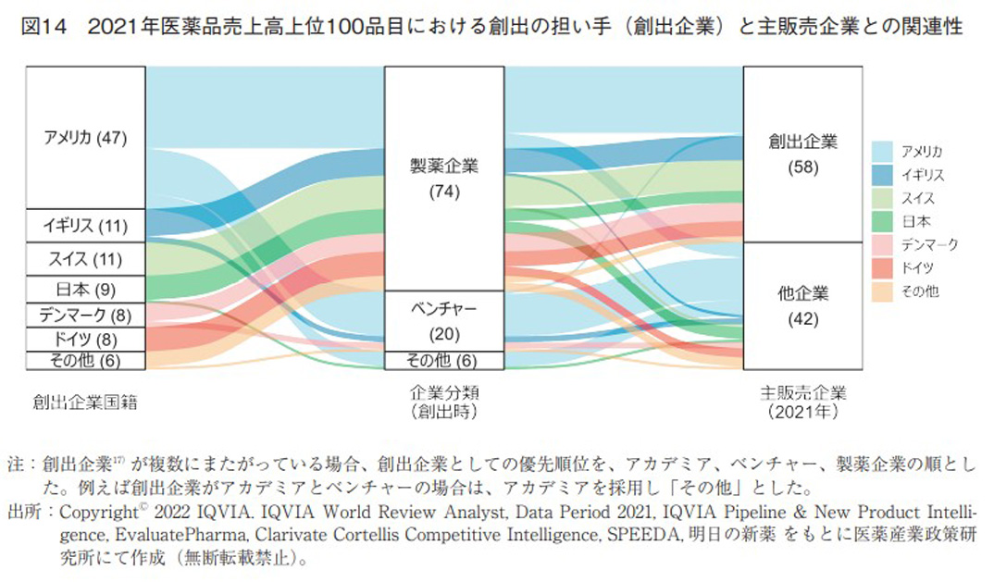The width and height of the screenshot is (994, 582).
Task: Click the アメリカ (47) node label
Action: (85, 138)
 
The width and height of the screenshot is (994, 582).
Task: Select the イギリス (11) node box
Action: (85, 225)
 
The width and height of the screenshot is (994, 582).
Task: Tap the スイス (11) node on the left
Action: (85, 258)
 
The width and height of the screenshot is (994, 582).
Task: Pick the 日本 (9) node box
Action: (85, 290)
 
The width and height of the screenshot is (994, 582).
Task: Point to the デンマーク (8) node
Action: (85, 315)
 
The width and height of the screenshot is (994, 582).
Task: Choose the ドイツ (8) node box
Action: (85, 339)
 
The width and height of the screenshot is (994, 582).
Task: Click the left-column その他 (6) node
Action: (85, 360)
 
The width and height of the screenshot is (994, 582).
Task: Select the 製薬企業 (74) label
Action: (444, 178)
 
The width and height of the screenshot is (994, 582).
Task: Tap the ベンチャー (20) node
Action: (444, 320)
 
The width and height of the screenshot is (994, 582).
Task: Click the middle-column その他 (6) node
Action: (444, 360)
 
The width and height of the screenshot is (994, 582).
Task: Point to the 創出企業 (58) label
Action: (802, 154)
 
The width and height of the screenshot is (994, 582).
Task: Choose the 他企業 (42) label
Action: (802, 305)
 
